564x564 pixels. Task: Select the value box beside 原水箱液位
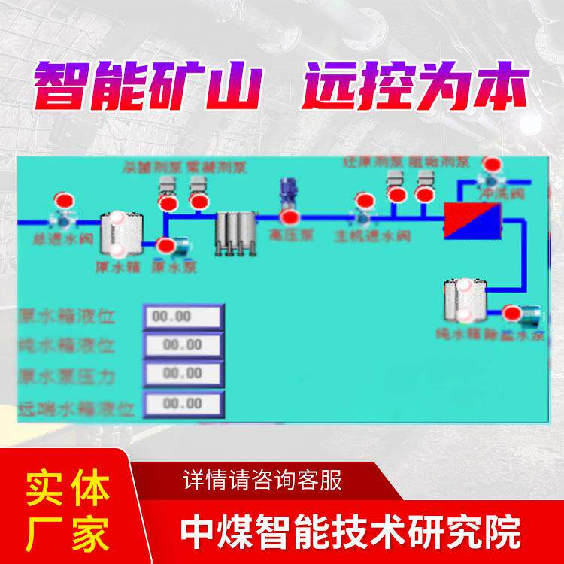coord(183,317)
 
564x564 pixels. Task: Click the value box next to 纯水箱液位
coord(183,346)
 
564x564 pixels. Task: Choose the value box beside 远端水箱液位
coord(183,405)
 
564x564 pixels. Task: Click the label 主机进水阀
coord(372,236)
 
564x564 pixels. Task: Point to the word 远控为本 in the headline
coord(412,88)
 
